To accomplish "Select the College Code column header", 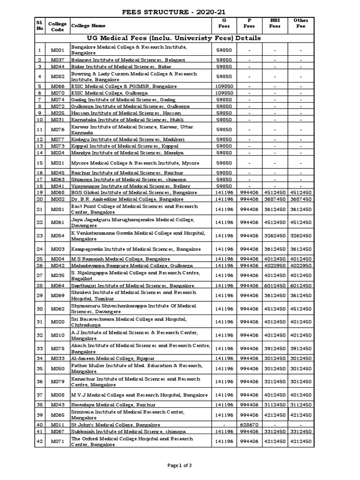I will coord(57,25).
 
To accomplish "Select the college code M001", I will coord(57,50).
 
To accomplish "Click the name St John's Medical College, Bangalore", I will coord(117,425).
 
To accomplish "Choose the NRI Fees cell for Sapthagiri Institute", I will coord(274,285).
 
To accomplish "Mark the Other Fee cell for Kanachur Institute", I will coord(300,382).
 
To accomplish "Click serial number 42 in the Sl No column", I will coord(40,442).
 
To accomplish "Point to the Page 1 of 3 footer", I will coord(180,465).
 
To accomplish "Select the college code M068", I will coord(57,193).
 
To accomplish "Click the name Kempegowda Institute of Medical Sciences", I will coord(136,249).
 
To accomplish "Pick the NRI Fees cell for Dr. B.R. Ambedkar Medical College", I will coord(274,199).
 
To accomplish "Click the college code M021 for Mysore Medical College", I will coord(57,163).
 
